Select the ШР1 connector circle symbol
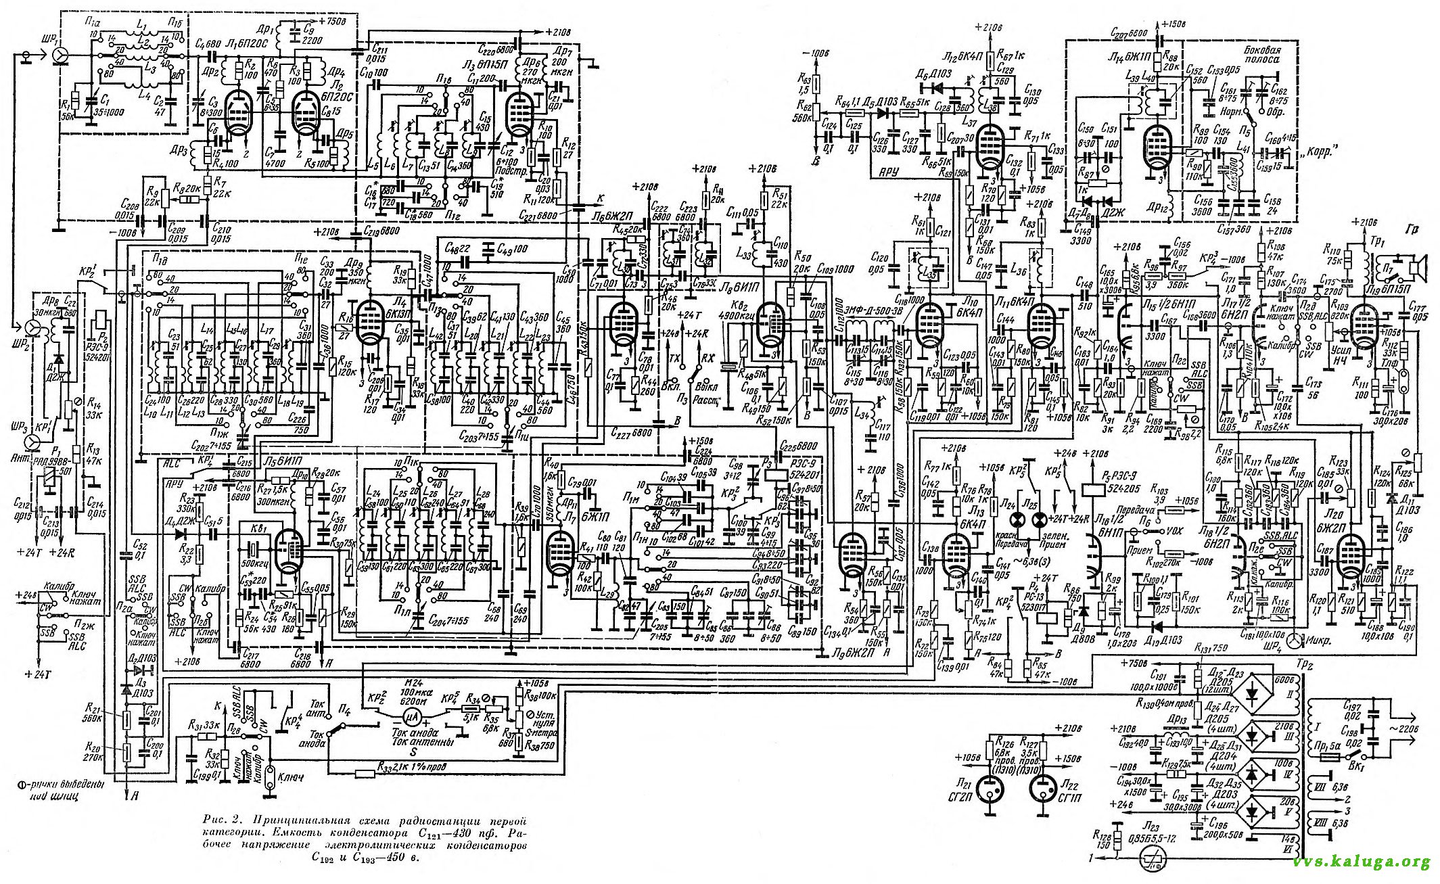point(60,54)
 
